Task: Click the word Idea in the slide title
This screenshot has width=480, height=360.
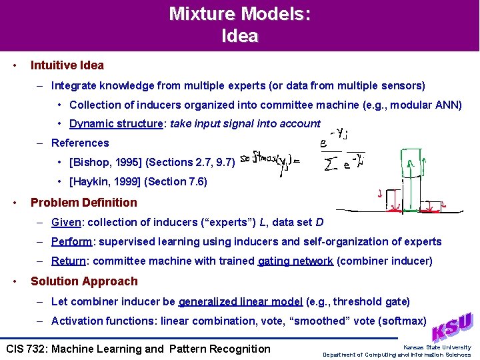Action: (239, 36)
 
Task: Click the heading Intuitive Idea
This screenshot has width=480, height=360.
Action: (67, 65)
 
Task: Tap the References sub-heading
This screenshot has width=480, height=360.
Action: (80, 143)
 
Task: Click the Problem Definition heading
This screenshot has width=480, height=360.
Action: (84, 203)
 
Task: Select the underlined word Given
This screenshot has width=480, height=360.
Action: (66, 222)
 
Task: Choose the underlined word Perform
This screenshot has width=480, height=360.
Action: (71, 241)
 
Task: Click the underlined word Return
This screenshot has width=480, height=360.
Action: (68, 261)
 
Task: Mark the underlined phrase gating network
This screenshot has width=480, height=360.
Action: (295, 261)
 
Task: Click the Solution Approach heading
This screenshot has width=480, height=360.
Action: (84, 281)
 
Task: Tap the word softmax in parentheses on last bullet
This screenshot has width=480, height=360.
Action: (402, 321)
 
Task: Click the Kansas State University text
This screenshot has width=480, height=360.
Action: (437, 347)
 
